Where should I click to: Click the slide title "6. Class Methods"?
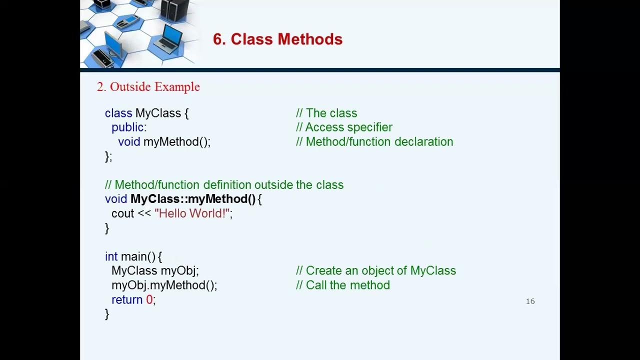(x=277, y=39)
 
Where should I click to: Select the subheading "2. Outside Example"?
(x=148, y=87)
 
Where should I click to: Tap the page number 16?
(x=530, y=301)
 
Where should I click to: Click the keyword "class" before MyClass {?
(x=118, y=113)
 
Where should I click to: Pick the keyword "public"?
(x=127, y=127)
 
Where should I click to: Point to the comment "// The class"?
(x=326, y=113)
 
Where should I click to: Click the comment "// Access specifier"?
(x=344, y=127)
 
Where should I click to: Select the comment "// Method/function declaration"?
(x=374, y=142)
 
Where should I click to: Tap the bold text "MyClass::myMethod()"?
(x=193, y=199)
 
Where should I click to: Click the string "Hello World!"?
(x=192, y=213)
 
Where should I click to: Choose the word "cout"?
(x=122, y=213)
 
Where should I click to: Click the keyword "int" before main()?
(x=111, y=256)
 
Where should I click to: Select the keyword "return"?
(x=127, y=300)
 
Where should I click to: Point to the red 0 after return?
(x=149, y=300)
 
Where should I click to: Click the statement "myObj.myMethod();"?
(x=164, y=285)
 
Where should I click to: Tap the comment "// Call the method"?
(x=343, y=285)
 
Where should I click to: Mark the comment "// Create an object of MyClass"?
(x=376, y=271)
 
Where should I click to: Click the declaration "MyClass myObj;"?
(x=155, y=271)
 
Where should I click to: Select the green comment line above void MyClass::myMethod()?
(x=224, y=185)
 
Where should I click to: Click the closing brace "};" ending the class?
(x=108, y=156)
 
